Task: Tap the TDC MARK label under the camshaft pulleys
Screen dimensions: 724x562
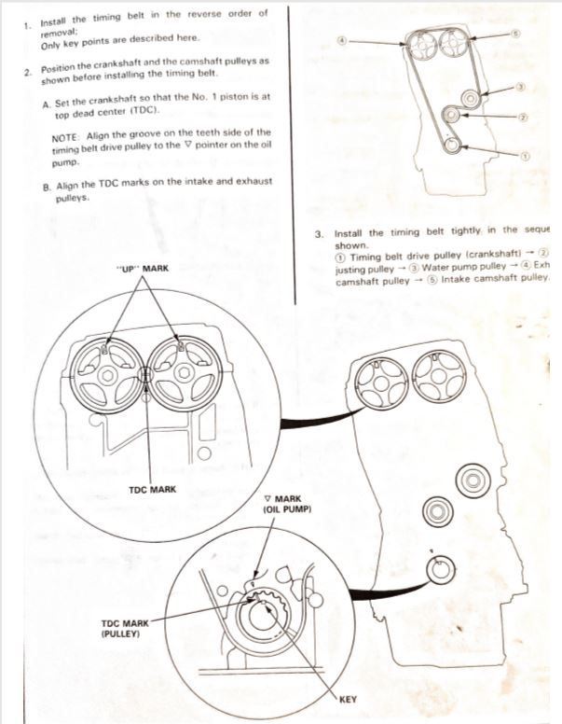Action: [x=151, y=490]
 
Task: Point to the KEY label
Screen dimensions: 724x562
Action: [x=348, y=698]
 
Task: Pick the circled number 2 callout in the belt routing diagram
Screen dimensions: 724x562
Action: [x=523, y=118]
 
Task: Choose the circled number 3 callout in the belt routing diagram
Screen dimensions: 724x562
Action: [x=521, y=86]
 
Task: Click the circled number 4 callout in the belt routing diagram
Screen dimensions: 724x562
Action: [x=342, y=41]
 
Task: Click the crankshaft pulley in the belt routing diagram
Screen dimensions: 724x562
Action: [x=451, y=145]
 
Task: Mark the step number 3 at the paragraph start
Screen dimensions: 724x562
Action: [x=321, y=233]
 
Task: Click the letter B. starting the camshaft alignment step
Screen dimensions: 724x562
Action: [x=47, y=187]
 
